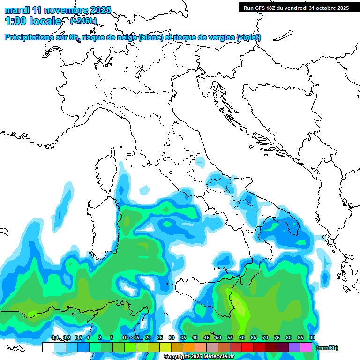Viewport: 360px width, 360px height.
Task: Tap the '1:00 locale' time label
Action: point(33,21)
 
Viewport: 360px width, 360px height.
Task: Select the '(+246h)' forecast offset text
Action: point(83,21)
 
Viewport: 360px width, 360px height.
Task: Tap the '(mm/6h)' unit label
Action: point(327,348)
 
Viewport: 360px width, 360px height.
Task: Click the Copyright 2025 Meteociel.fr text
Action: point(199,357)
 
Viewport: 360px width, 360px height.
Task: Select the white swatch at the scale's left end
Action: point(48,347)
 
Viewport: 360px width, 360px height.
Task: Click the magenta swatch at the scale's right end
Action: point(306,347)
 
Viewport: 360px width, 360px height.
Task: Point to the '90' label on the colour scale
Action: point(312,338)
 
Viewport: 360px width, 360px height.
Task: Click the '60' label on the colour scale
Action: point(241,338)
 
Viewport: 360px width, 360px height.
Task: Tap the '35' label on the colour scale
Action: point(183,338)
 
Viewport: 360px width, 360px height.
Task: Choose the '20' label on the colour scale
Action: point(148,338)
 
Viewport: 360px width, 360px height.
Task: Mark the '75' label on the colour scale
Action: point(277,338)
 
